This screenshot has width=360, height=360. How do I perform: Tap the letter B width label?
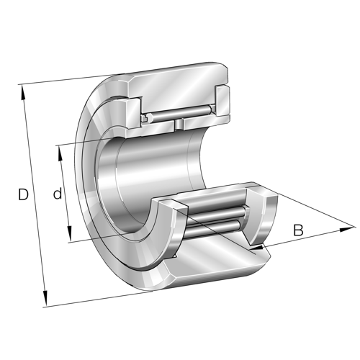(x=298, y=230)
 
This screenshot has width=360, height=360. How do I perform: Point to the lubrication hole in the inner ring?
(x=177, y=125)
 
